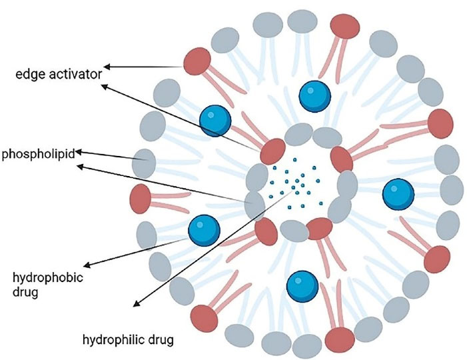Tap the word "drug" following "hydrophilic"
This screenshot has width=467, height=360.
(x=161, y=341)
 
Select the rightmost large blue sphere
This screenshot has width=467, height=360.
(x=398, y=193)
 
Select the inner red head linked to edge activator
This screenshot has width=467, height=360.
(x=272, y=151)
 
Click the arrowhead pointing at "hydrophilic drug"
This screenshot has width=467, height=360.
(x=135, y=305)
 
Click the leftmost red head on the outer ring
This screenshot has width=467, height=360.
(x=141, y=199)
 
